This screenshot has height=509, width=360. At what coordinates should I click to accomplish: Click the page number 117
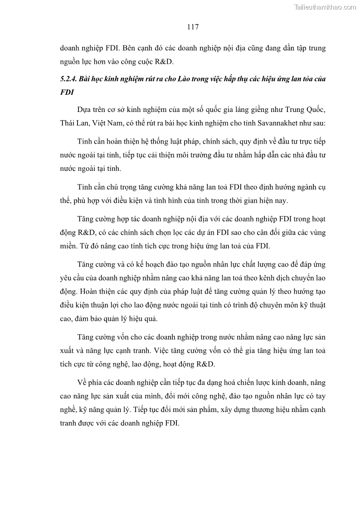[x=192, y=27]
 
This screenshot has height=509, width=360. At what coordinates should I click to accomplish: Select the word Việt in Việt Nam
[x=100, y=123]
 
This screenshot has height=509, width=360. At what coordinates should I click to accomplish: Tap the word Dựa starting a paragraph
[x=85, y=111]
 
